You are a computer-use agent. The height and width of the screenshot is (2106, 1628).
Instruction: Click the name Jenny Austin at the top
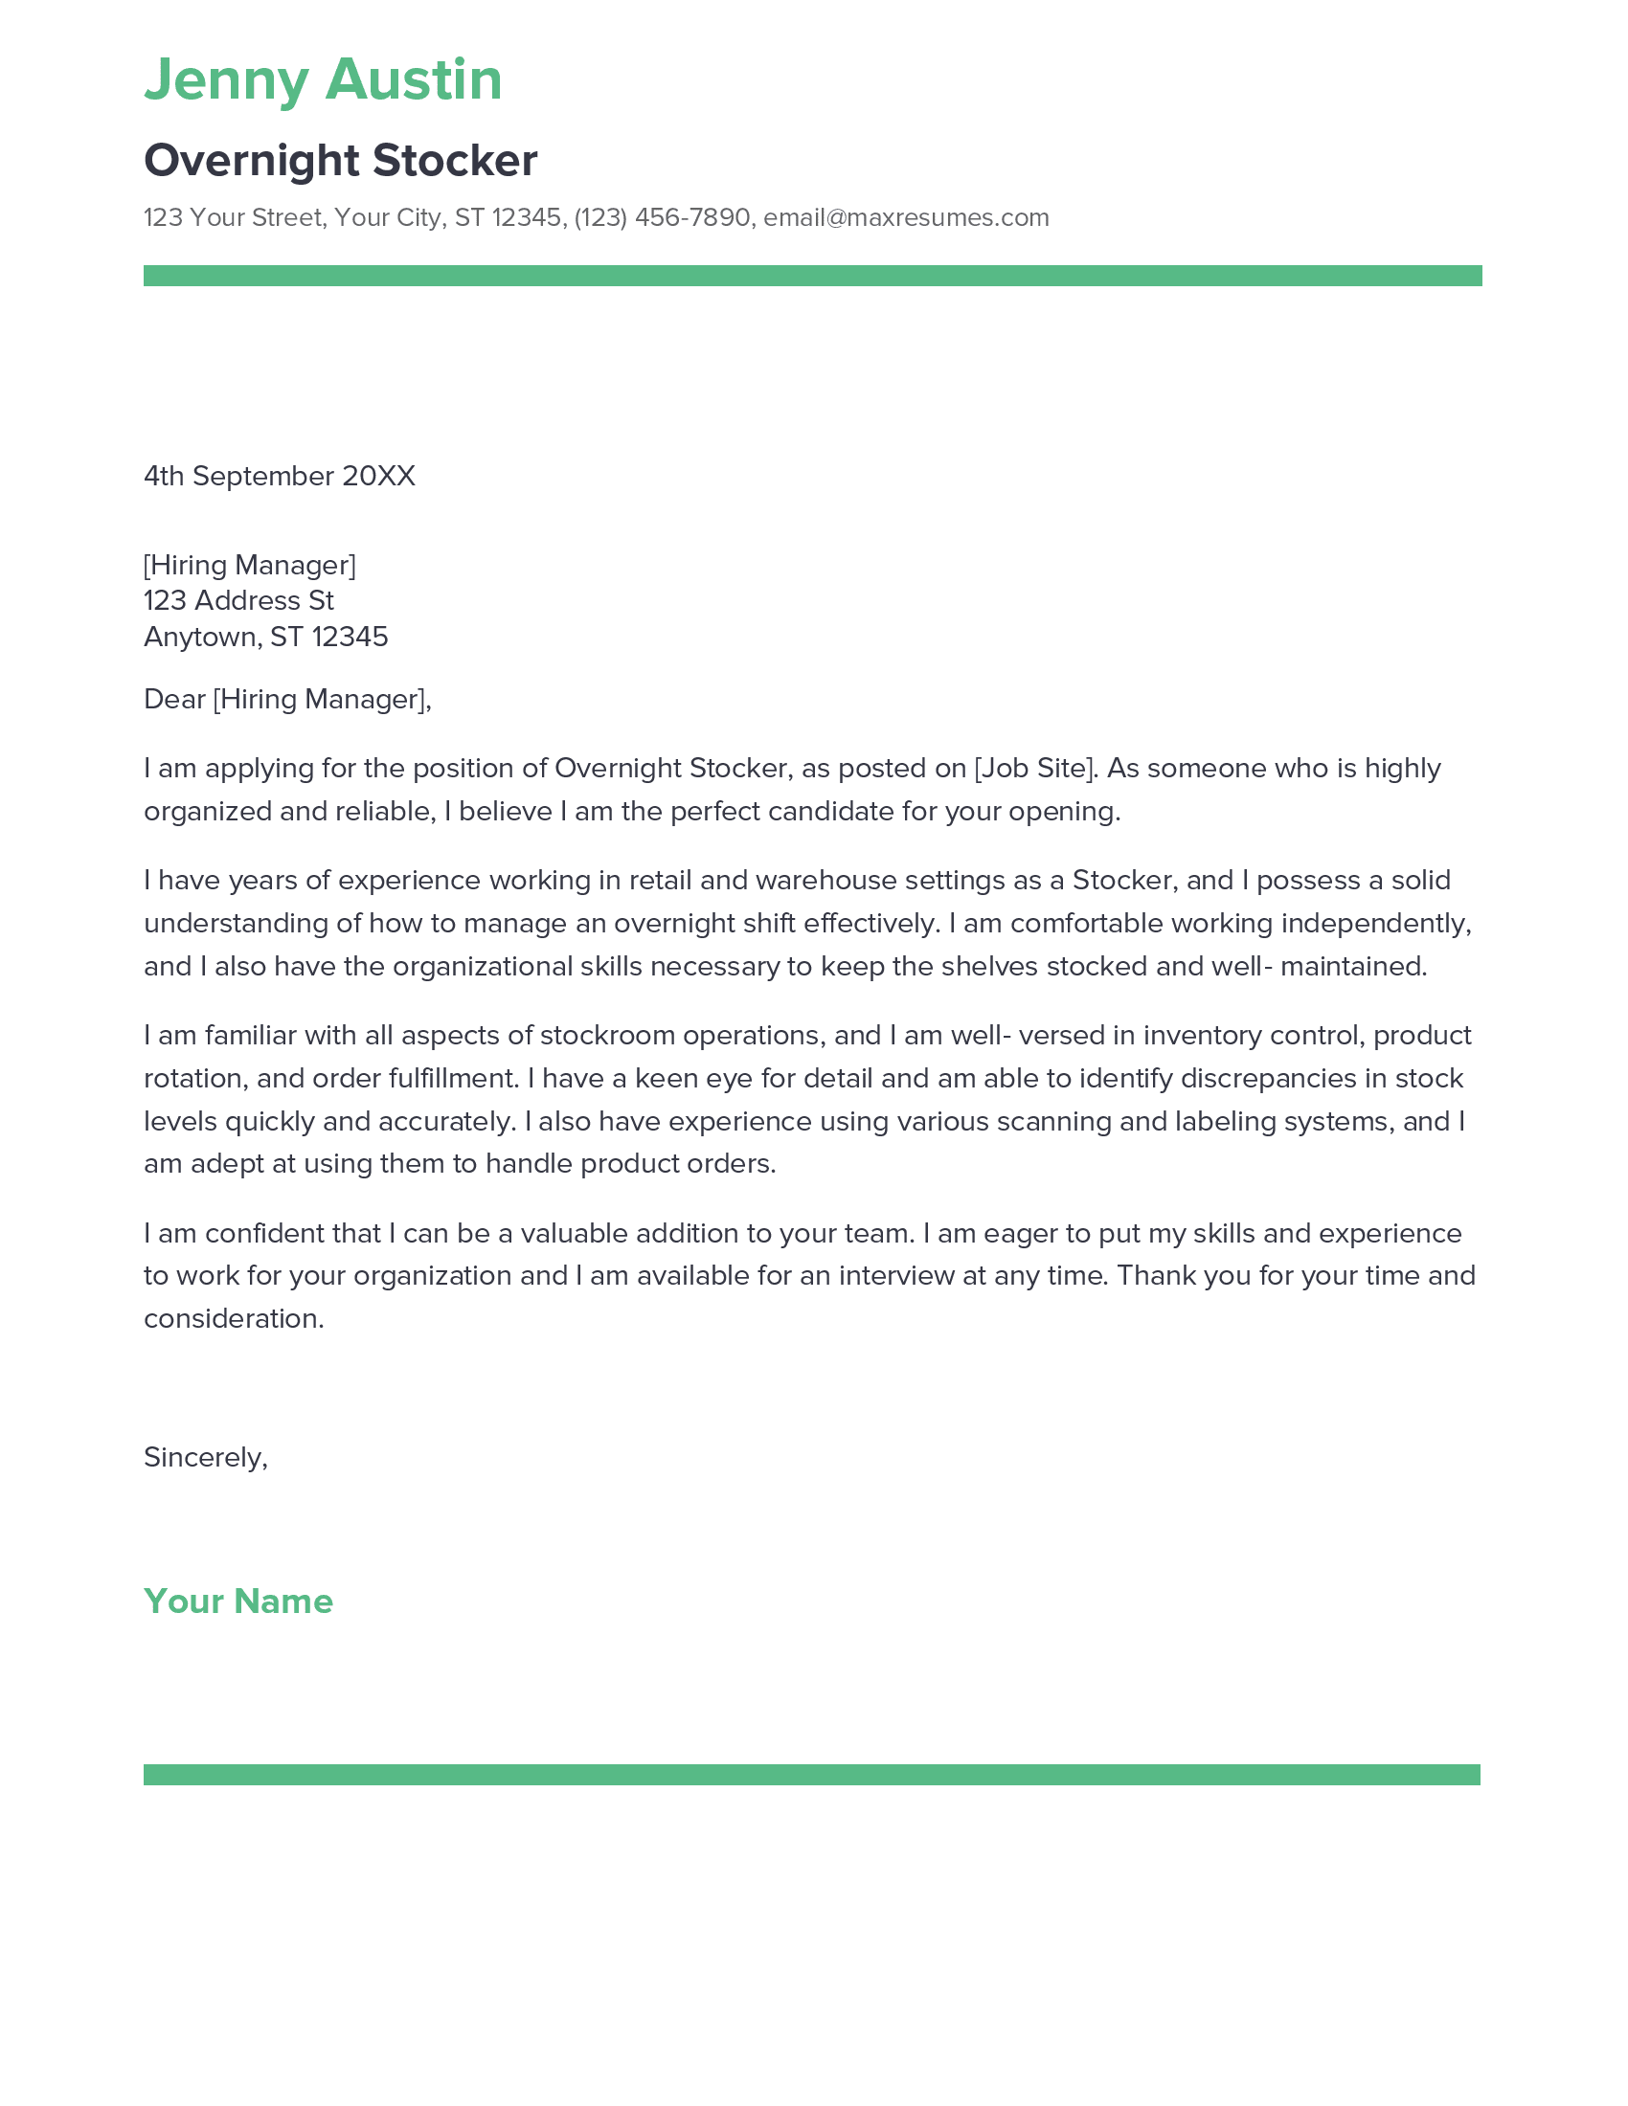click(x=323, y=79)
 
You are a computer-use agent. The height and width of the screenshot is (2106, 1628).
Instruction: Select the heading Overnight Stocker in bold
click(x=341, y=160)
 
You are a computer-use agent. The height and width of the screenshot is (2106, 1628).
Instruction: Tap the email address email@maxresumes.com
click(x=906, y=218)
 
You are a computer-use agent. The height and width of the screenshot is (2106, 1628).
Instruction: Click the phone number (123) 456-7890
click(x=662, y=218)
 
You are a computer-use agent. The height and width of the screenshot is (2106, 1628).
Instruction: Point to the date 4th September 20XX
click(x=279, y=477)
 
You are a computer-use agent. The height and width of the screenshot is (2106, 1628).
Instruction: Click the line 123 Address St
click(x=238, y=601)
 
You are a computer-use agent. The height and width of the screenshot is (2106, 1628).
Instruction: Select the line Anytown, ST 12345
click(x=265, y=637)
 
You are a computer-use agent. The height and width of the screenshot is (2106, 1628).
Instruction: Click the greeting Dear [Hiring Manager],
click(x=286, y=699)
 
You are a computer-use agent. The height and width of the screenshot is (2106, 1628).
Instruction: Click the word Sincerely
click(x=203, y=1457)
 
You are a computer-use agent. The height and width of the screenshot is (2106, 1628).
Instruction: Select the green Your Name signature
click(x=238, y=1602)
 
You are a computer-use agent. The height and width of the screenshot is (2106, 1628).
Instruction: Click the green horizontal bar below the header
click(x=812, y=276)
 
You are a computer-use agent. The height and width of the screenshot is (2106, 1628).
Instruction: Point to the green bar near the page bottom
click(x=811, y=1775)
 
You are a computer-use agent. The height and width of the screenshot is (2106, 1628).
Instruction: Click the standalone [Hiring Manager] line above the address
click(x=249, y=565)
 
